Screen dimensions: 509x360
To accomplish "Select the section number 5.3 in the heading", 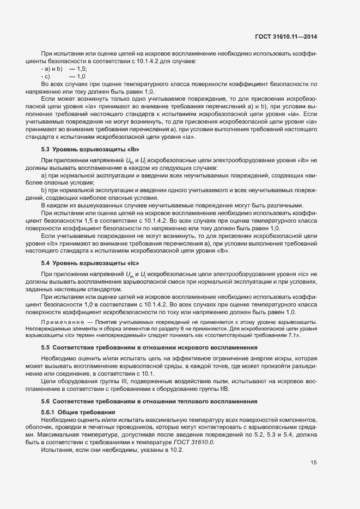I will pos(46,149).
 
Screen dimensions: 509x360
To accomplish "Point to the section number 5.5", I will pos(46,347).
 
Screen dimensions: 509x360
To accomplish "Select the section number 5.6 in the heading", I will pos(46,401).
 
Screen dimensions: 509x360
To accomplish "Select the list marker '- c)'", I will pos(46,77).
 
